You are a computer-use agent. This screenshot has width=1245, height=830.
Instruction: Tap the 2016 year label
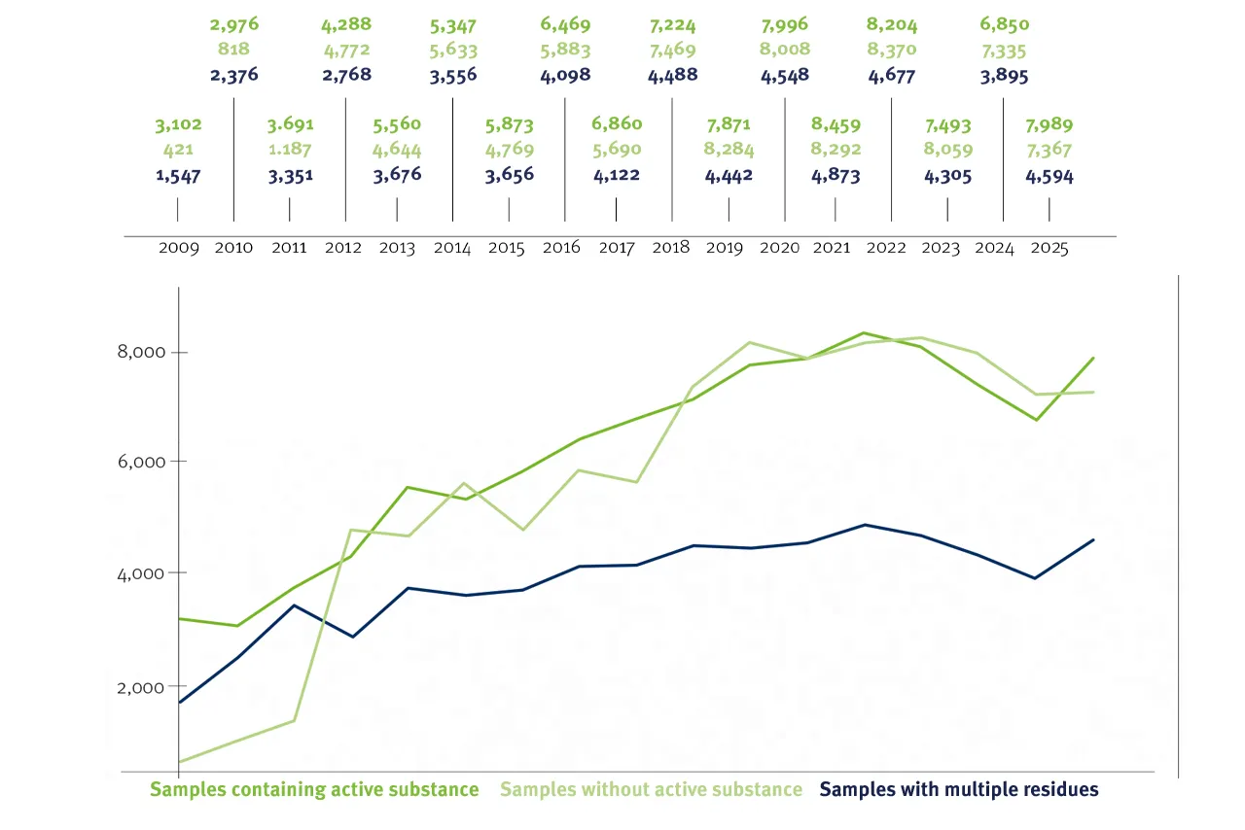click(x=561, y=248)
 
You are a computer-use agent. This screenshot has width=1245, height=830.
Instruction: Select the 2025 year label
click(x=1049, y=248)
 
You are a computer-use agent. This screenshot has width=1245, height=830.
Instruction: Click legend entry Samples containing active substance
click(x=314, y=789)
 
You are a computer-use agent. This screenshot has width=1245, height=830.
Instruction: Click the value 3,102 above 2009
click(x=178, y=125)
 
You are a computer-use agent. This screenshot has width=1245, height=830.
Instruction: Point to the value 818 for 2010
click(x=234, y=50)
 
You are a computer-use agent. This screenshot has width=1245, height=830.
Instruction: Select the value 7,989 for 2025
click(x=1049, y=125)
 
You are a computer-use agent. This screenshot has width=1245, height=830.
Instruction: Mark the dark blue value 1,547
click(x=178, y=177)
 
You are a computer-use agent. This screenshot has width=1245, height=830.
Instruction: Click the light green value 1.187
click(x=291, y=151)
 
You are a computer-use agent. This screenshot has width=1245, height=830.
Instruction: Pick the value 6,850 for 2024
click(x=1005, y=24)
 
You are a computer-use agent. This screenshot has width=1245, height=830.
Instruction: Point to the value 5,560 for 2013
click(x=398, y=125)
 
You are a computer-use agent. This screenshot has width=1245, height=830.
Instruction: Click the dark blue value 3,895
click(x=1005, y=75)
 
